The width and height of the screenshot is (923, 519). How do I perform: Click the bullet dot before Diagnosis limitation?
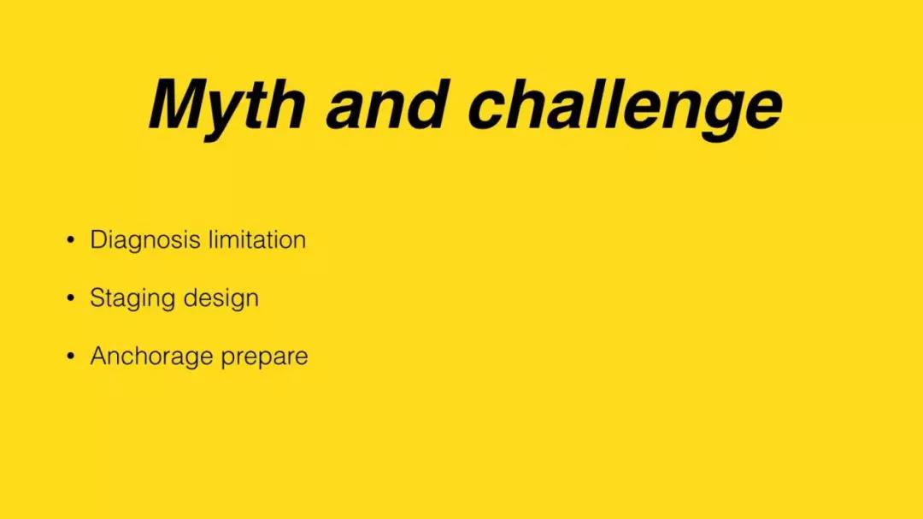tap(71, 239)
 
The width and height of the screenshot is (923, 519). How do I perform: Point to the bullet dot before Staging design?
tap(71, 298)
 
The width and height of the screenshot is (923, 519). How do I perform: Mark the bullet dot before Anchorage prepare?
tap(71, 356)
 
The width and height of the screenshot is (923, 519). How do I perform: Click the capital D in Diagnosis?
tap(98, 239)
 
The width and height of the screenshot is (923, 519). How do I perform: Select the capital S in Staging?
tap(97, 298)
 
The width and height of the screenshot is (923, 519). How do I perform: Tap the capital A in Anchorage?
tap(99, 356)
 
